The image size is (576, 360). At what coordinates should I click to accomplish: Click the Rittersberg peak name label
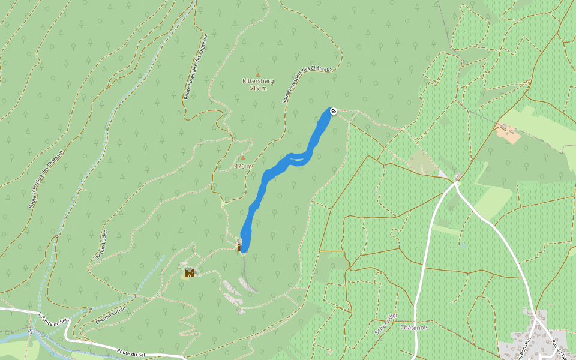258,81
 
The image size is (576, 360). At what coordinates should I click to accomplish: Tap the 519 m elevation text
258,88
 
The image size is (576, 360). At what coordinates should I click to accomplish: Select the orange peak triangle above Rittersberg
258,74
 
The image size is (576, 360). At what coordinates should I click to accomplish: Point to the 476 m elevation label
243,166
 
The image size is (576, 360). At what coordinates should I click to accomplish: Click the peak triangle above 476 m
243,158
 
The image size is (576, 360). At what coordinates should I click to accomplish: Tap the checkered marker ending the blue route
334,110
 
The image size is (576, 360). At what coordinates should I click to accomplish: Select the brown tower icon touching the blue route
239,246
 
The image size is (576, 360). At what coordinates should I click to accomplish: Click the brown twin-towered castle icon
190,273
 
